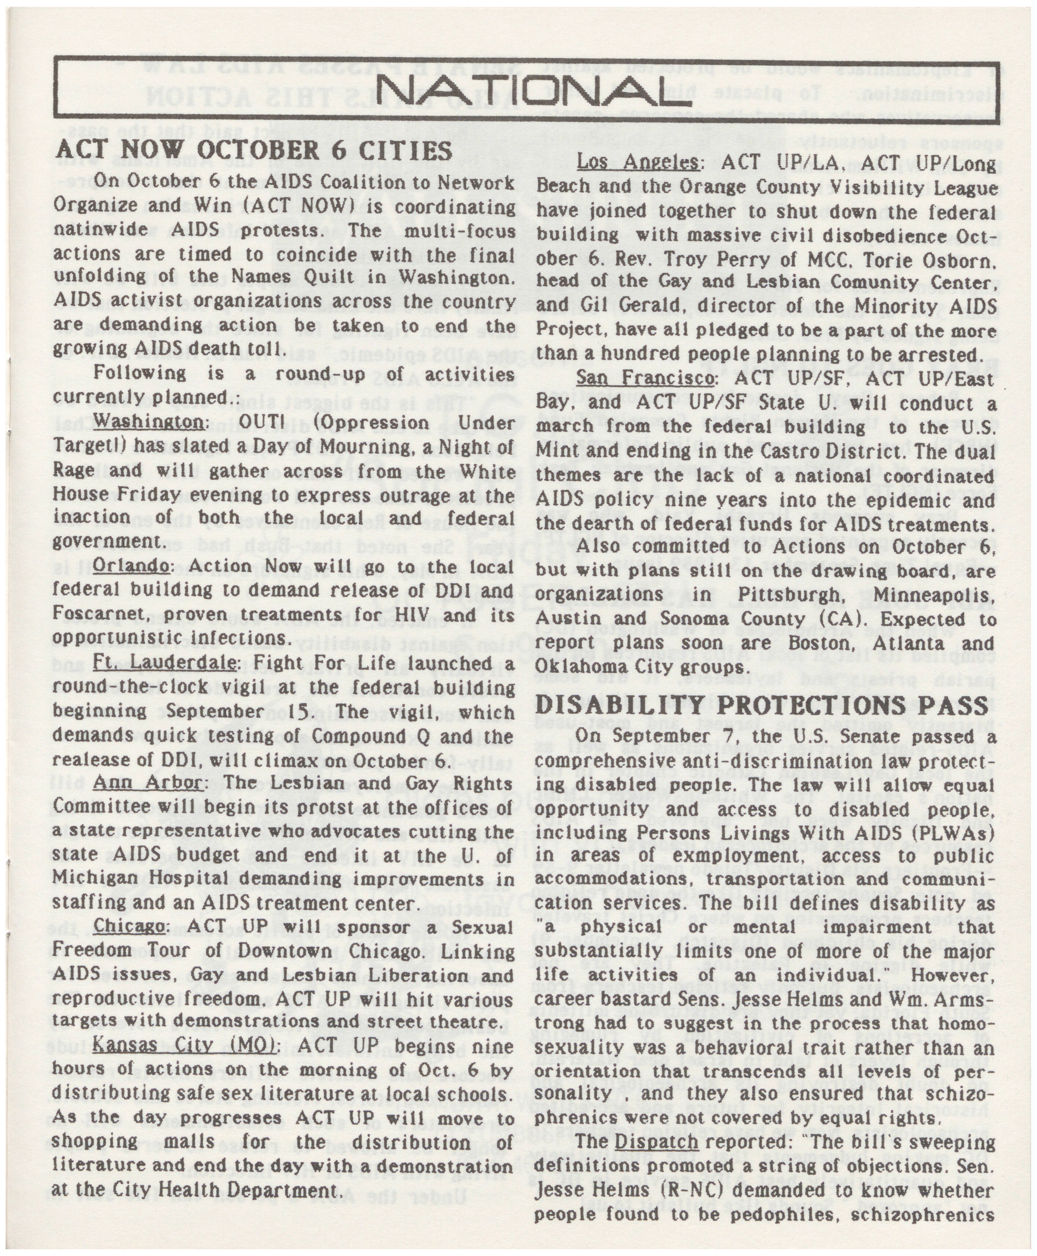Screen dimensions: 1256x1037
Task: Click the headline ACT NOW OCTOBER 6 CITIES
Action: point(254,149)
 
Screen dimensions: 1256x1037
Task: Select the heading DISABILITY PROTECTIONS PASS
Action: point(762,706)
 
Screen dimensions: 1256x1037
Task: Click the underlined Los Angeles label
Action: point(637,163)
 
